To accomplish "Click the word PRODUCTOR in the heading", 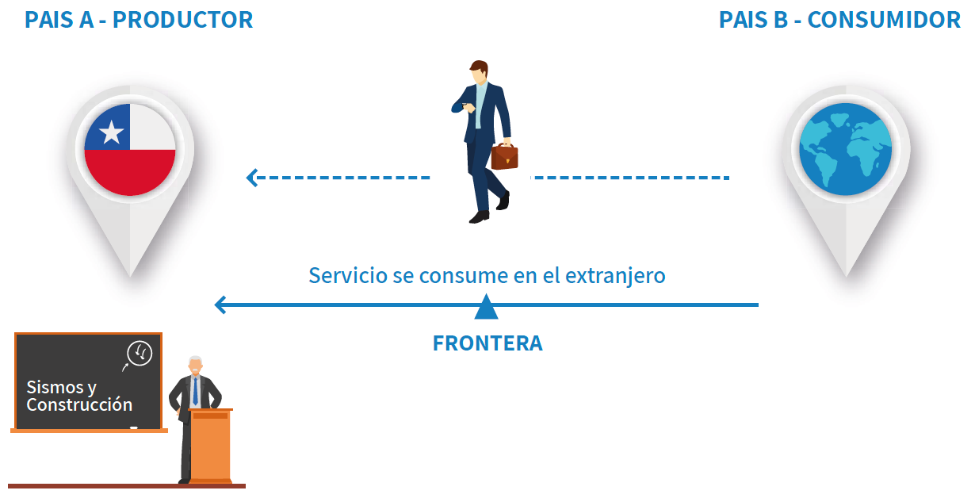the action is coord(183,20).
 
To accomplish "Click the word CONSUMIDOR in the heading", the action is coord(884,20).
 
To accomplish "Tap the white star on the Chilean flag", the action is coord(112,132).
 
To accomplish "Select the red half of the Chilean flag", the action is coord(130,172).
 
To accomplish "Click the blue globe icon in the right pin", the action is coord(845,149).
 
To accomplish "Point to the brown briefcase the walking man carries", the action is coord(504,156).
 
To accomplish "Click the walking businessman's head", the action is coord(480,73).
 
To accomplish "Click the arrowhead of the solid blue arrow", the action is coord(220,305).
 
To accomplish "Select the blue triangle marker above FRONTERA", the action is coord(486,307).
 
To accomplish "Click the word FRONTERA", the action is coord(487,343).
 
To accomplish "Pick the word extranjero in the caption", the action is coord(615,276).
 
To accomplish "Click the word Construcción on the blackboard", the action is coord(79,405).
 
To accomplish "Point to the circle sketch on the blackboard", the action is coord(140,353).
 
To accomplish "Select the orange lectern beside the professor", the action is coord(210,446).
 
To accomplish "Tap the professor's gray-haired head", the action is coord(196,366).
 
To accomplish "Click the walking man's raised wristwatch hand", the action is coord(468,107).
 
